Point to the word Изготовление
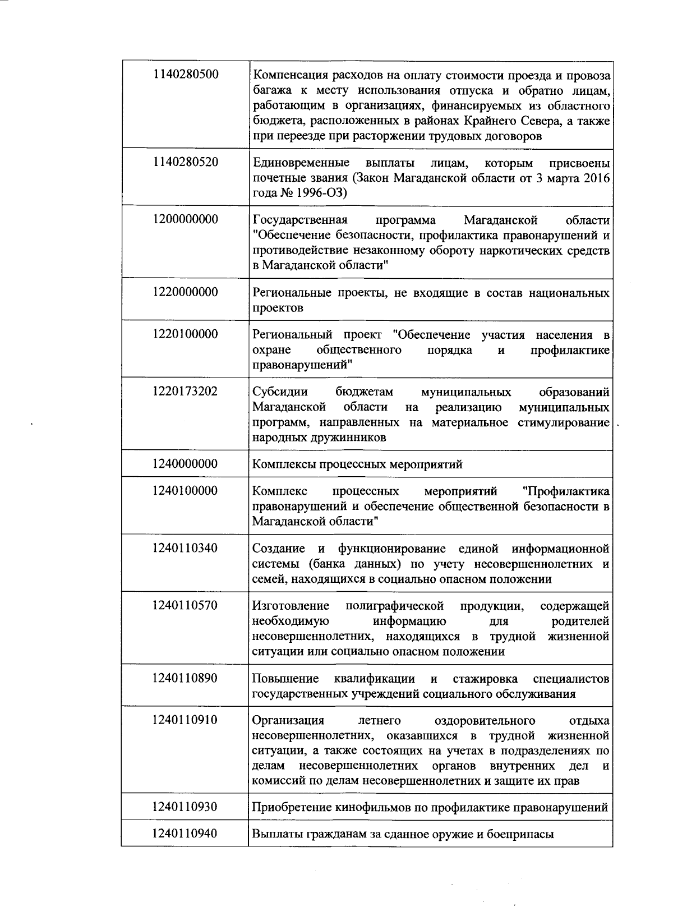(291, 606)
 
